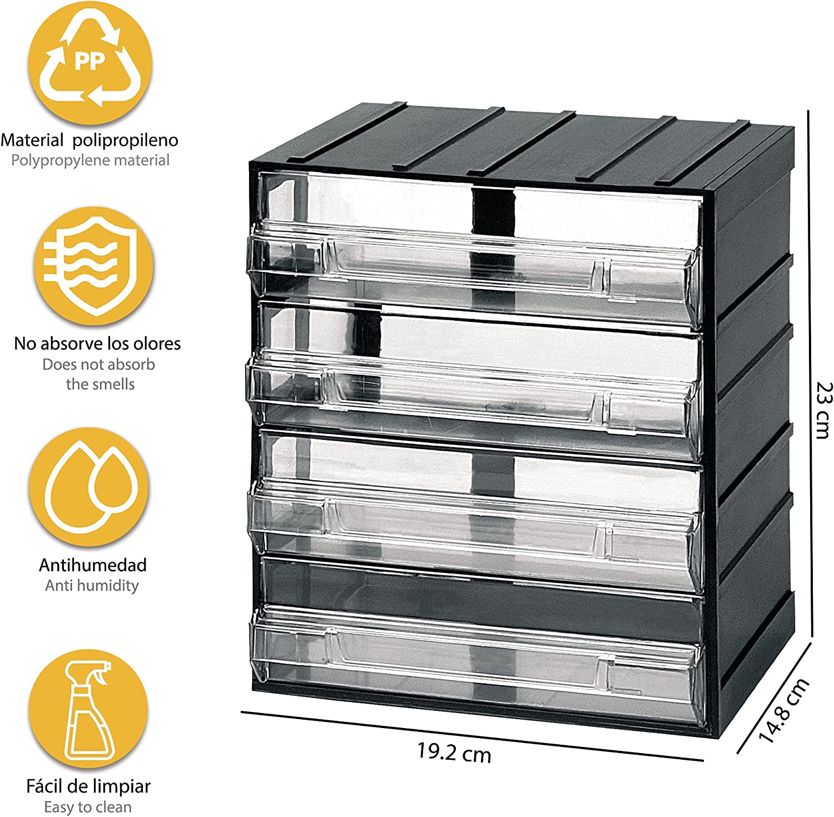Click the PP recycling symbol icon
[x=90, y=62]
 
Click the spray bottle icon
[x=88, y=709]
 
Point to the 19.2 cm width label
[x=454, y=753]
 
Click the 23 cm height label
[x=823, y=410]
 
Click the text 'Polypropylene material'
[x=90, y=161]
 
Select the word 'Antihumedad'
[x=93, y=565]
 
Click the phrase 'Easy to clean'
[x=88, y=807]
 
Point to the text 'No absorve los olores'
[x=97, y=344]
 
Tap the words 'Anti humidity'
[x=92, y=585]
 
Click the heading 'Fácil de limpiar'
[x=88, y=786]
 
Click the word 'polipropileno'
[x=125, y=140]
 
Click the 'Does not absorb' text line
[x=98, y=365]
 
